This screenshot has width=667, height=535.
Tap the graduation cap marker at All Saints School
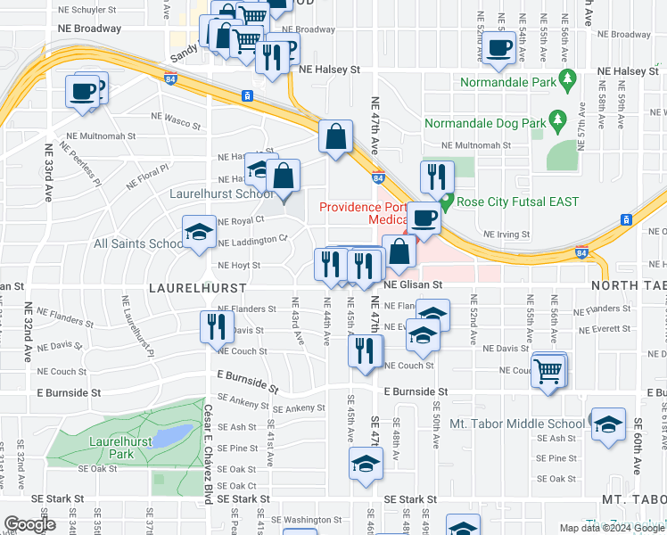click(199, 235)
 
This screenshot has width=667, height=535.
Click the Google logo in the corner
click(29, 524)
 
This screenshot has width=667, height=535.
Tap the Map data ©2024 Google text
click(610, 528)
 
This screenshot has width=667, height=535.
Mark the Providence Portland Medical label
click(362, 214)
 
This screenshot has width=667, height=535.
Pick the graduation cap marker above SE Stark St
click(365, 465)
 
